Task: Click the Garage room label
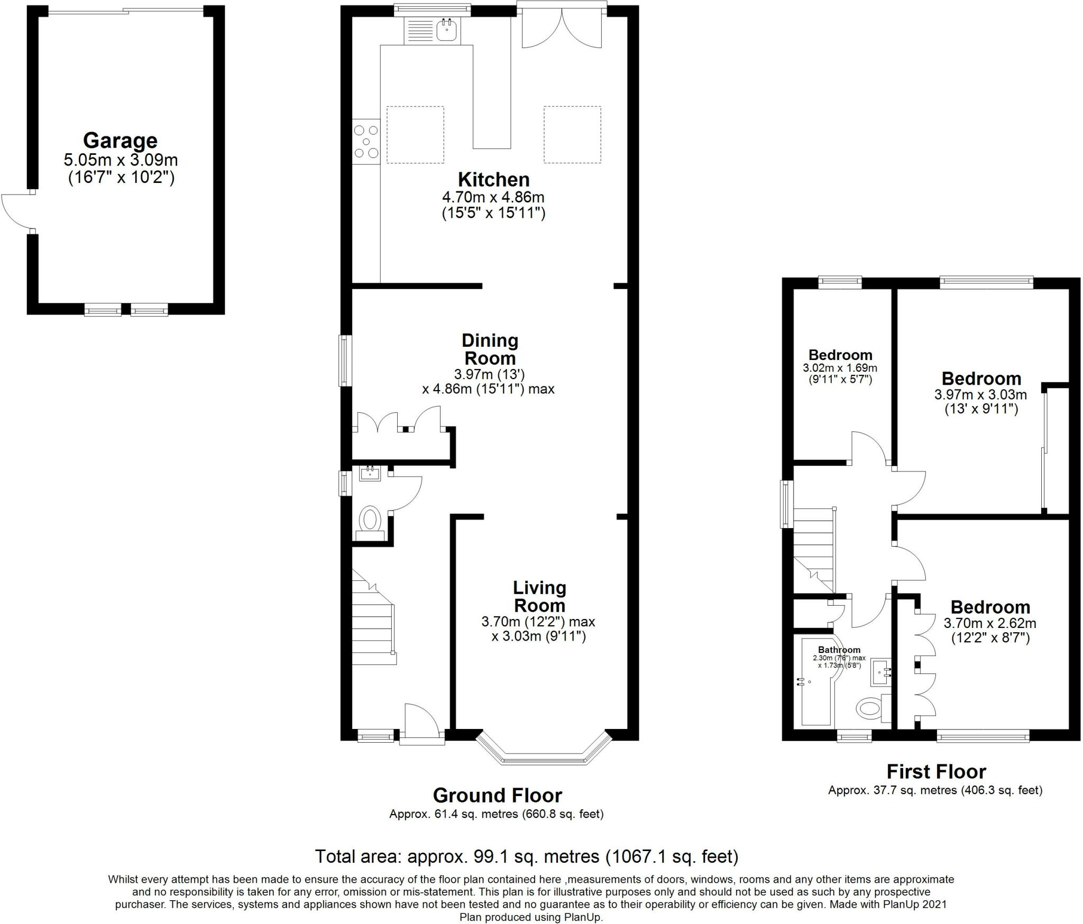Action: coord(120,141)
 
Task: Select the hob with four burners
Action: coord(366,141)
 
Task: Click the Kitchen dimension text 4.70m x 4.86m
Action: coord(493,198)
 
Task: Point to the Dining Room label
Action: coord(490,349)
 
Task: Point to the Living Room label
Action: coord(539,596)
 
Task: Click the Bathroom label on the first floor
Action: coord(839,650)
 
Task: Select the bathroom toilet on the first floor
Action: coord(870,708)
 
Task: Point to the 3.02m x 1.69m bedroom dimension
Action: coord(840,368)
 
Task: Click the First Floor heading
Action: coord(936,772)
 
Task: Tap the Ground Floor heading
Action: coord(497,795)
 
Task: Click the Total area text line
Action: coord(526,856)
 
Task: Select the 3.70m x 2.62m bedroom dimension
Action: coord(990,623)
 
